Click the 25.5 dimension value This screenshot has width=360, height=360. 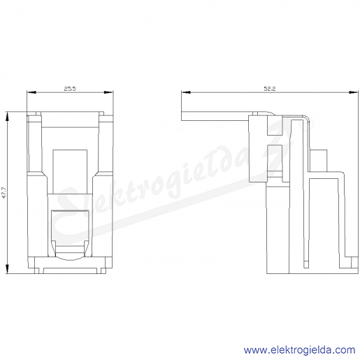(x=70, y=89)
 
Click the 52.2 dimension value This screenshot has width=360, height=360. (x=270, y=89)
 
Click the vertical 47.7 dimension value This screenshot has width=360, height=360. (x=4, y=193)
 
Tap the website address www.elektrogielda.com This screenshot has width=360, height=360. (x=299, y=350)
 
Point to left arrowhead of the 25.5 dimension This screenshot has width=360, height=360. (x=31, y=92)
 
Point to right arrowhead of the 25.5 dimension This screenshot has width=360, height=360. (x=108, y=92)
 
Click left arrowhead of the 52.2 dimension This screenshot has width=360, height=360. (x=186, y=92)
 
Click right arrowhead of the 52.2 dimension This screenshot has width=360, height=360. (x=354, y=92)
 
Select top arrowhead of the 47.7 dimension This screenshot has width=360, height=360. (x=7, y=116)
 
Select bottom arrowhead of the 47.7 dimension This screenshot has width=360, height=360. (x=7, y=269)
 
